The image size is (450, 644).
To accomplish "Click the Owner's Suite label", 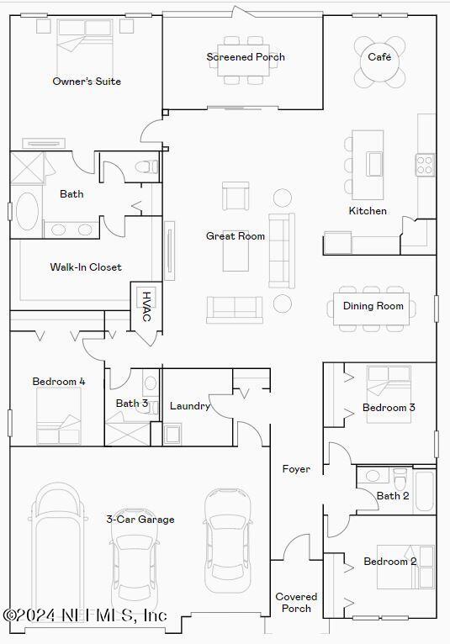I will tap(87, 82).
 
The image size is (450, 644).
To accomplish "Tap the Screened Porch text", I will tap(246, 57).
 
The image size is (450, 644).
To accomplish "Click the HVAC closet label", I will tap(146, 306).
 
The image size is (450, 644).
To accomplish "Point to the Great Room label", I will tap(236, 236).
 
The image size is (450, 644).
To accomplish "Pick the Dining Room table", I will tap(373, 306).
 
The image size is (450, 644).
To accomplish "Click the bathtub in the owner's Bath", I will tap(27, 212).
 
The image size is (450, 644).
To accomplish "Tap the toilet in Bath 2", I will tap(400, 478).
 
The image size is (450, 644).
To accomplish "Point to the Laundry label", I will tap(190, 406).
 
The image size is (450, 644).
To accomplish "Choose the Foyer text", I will tap(295, 469).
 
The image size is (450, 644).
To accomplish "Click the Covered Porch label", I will tap(295, 603).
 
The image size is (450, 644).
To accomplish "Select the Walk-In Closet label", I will tap(86, 267).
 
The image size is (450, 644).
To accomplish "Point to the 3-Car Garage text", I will tap(140, 520).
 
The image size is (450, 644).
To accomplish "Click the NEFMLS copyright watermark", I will tap(84, 615).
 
